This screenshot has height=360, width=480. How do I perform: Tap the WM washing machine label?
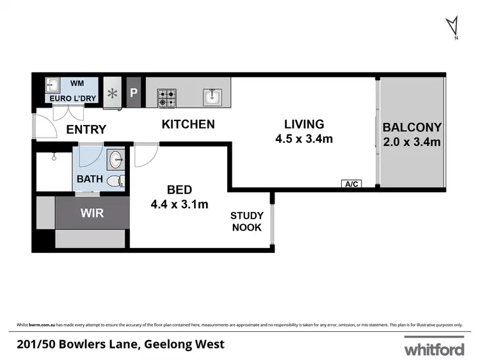coord(77,83)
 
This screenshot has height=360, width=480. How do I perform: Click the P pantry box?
coord(134,92)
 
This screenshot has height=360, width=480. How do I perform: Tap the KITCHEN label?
coord(188,124)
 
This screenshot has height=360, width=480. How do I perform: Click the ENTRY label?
coord(86,130)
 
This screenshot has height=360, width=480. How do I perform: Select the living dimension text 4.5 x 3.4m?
coord(305,138)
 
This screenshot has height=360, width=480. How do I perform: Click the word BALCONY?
coord(412,127)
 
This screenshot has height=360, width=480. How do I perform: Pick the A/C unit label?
coord(352,184)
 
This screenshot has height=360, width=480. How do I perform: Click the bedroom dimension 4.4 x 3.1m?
coord(180,204)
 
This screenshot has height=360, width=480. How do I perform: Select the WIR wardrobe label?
coord(92,213)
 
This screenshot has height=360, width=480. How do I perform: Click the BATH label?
coord(90,179)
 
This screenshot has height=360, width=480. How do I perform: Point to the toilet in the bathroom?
coord(114,181)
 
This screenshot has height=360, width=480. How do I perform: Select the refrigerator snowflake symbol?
coord(113,94)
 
